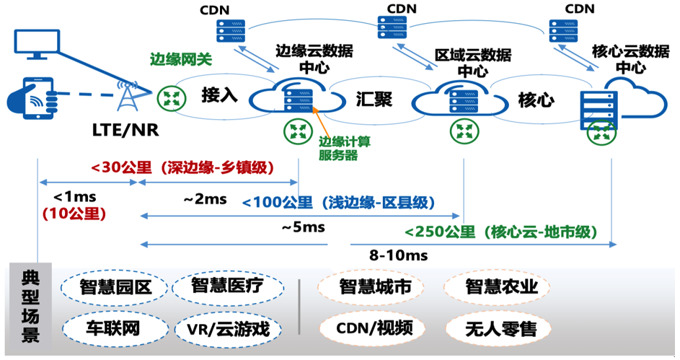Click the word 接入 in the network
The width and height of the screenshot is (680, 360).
pyautogui.click(x=219, y=95)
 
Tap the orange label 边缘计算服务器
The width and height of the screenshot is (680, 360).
pyautogui.click(x=339, y=147)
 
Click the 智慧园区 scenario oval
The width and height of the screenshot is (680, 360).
pyautogui.click(x=115, y=286)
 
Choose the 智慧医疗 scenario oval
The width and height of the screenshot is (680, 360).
pyautogui.click(x=226, y=286)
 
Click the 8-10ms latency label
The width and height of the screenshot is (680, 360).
pyautogui.click(x=398, y=255)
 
